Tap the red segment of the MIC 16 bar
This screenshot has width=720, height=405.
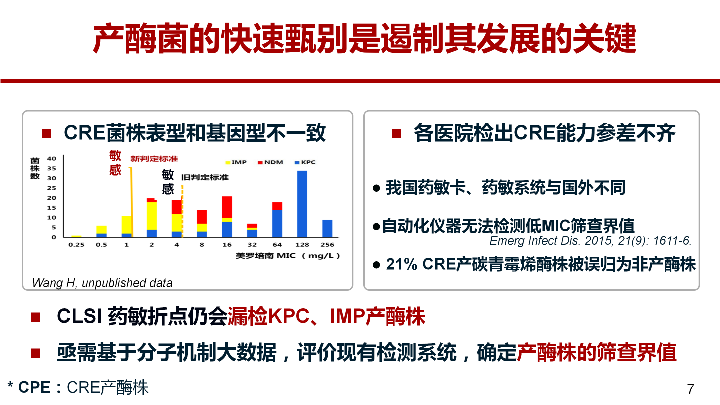[227, 207]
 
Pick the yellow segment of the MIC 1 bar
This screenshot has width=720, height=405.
[126, 224]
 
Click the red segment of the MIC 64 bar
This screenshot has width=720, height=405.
[277, 206]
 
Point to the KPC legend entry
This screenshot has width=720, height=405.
[305, 162]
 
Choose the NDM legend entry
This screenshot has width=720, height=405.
[270, 162]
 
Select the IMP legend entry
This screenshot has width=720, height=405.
[236, 162]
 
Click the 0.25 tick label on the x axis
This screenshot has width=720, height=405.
[76, 244]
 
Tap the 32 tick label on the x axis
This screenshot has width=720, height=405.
[252, 244]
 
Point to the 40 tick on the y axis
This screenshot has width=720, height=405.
[51, 158]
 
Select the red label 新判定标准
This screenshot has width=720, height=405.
[154, 159]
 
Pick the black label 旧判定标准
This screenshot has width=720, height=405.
[205, 177]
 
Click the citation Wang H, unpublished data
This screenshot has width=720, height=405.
[102, 283]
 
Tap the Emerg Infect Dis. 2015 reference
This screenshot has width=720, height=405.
[590, 241]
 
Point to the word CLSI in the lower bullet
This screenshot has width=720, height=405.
[79, 316]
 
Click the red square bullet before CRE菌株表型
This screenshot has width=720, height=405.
[46, 133]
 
